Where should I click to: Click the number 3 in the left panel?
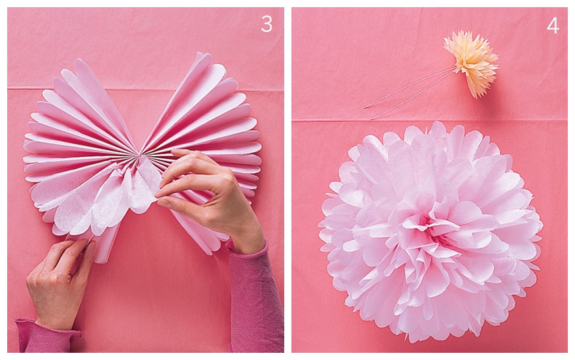click(267, 24)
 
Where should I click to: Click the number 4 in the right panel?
click(553, 25)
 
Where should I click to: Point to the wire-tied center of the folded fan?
click(139, 155)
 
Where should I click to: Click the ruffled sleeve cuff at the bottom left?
click(48, 335)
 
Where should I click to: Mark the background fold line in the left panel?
click(146, 89)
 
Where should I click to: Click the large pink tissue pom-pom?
click(431, 231)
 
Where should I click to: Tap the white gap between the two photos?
click(288, 180)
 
